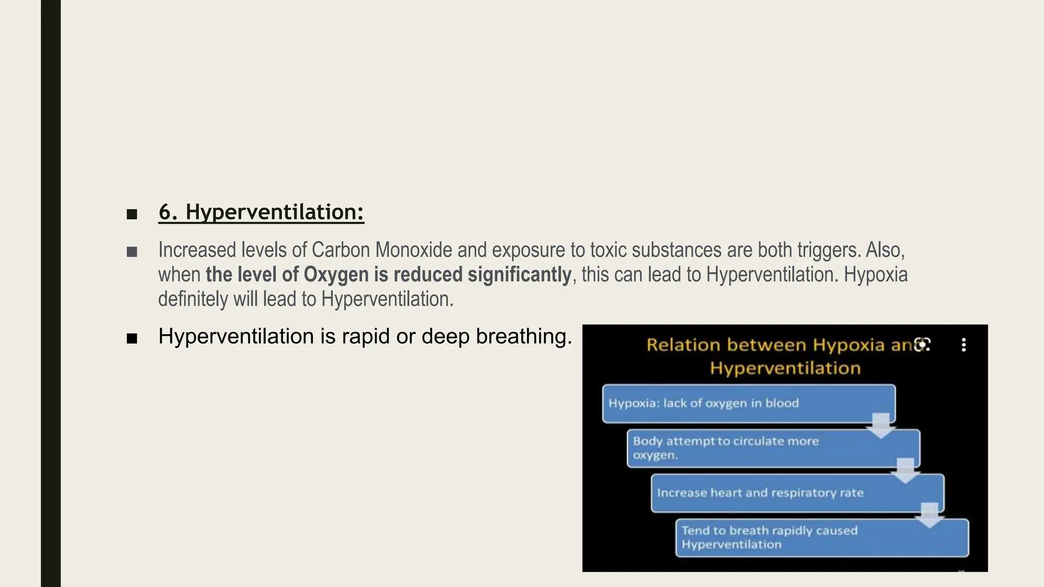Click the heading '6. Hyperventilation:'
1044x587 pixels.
tap(261, 212)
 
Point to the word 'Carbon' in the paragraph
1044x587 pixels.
tap(341, 250)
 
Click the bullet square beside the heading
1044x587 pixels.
tap(132, 214)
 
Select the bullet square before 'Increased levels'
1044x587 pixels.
tap(132, 252)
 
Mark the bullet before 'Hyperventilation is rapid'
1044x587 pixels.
tap(132, 338)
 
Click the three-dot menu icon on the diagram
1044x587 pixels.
tap(963, 345)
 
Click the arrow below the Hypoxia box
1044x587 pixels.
tap(880, 426)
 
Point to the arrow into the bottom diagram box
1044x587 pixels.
tap(929, 515)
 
